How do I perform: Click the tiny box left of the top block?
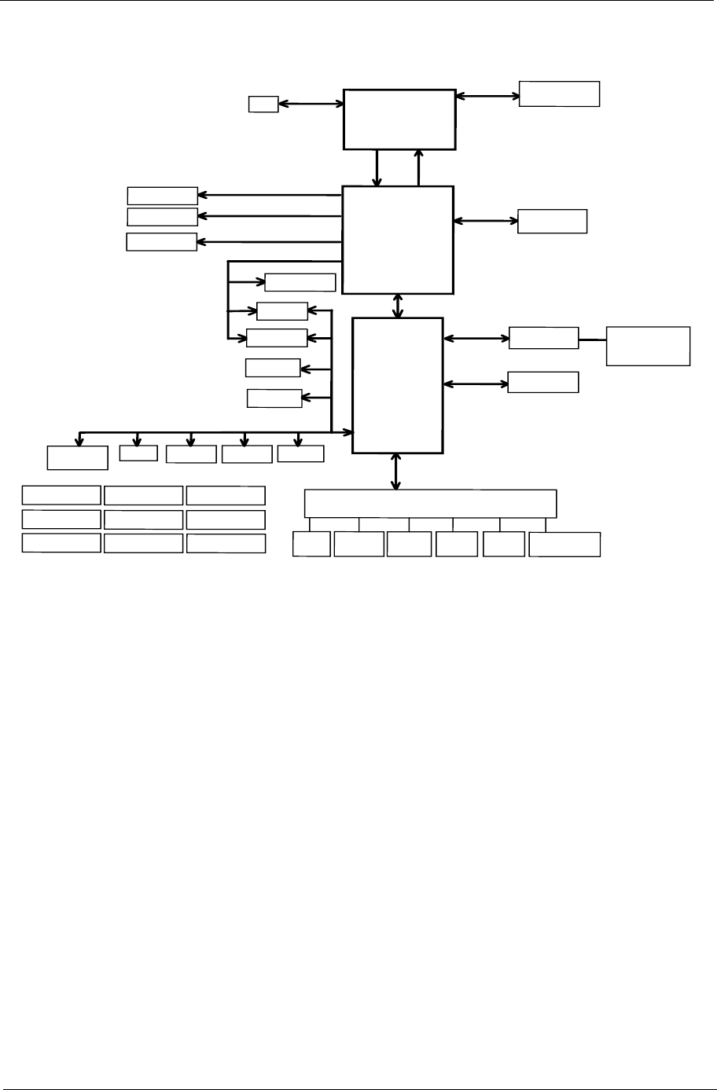click(263, 104)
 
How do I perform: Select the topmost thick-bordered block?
click(399, 119)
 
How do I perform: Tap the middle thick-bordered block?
click(398, 240)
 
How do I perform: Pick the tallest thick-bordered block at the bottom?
click(397, 385)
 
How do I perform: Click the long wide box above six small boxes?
click(430, 503)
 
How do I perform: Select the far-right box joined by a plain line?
click(648, 346)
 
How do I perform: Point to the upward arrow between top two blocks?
click(419, 167)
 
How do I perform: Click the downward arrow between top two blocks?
click(378, 167)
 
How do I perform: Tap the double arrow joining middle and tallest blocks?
click(398, 306)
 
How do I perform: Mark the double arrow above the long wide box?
click(395, 472)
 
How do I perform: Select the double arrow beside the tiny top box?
click(311, 103)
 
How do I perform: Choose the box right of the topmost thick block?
click(559, 94)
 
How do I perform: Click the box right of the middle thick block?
click(552, 222)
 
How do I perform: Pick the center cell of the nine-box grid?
click(143, 519)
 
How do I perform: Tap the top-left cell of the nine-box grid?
click(61, 494)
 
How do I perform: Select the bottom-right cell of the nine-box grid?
click(226, 543)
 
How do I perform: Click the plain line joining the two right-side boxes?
click(592, 339)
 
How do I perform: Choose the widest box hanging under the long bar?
click(564, 545)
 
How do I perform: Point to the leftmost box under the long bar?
click(311, 544)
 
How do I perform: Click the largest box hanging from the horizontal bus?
click(77, 457)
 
